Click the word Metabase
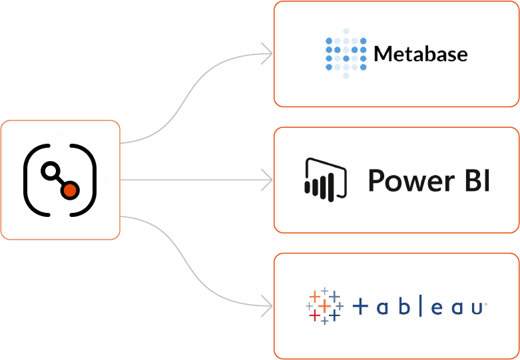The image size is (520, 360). (x=421, y=53)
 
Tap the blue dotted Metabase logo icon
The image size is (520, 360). (x=346, y=53)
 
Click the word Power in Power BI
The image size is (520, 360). (x=403, y=180)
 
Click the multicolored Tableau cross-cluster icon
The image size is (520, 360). (x=324, y=306)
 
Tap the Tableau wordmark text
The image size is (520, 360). (x=418, y=307)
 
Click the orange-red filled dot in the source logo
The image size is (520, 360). (x=70, y=191)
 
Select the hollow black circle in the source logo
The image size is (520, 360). (x=49, y=171)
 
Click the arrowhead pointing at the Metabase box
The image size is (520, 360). (x=267, y=53)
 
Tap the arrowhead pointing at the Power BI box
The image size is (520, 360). (x=267, y=180)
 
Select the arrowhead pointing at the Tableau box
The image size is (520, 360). (x=267, y=307)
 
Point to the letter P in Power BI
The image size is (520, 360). (x=377, y=180)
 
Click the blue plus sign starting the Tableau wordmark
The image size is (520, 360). (x=360, y=307)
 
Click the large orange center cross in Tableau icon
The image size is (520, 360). (x=324, y=307)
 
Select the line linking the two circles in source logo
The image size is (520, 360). (x=59, y=181)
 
